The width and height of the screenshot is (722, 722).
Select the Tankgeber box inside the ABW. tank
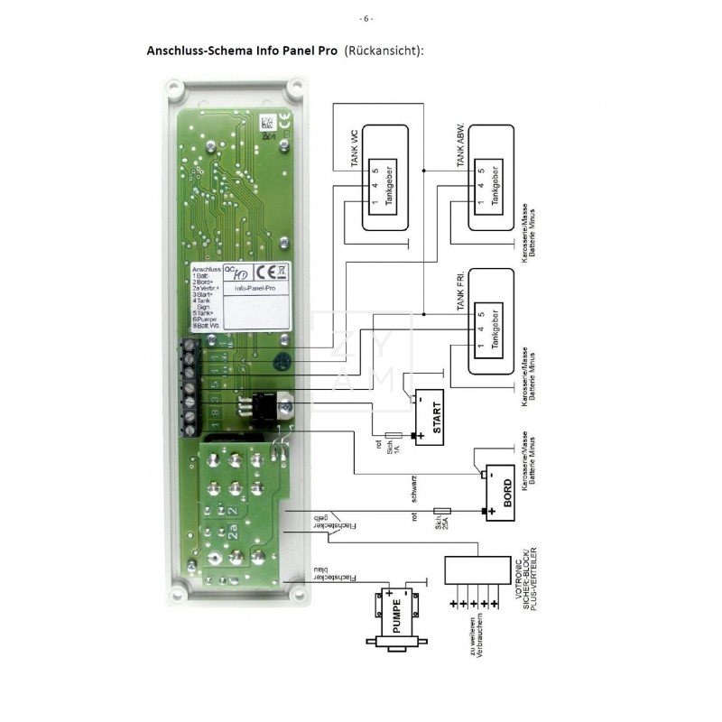click(x=493, y=185)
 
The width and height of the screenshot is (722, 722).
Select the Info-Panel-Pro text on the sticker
click(x=252, y=290)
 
